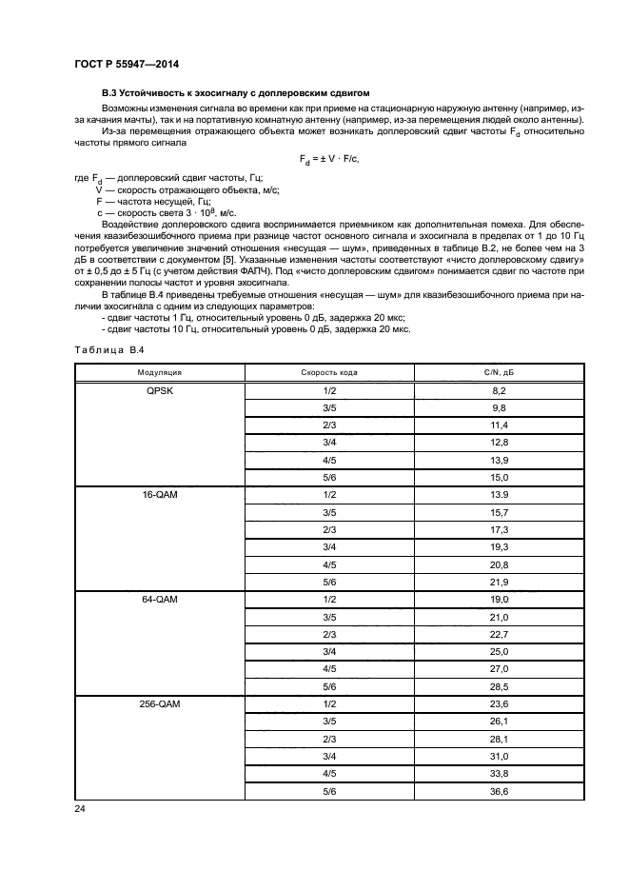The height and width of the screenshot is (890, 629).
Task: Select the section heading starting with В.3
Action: coord(234,95)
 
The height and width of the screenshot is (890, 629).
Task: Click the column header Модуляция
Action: coord(159,373)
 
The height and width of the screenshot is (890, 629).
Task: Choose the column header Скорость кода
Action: coord(329,373)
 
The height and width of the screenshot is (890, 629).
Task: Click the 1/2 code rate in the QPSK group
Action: coord(329,391)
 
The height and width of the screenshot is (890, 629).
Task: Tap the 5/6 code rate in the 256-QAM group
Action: coord(329,791)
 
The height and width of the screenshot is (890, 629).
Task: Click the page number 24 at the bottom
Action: coord(79,810)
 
